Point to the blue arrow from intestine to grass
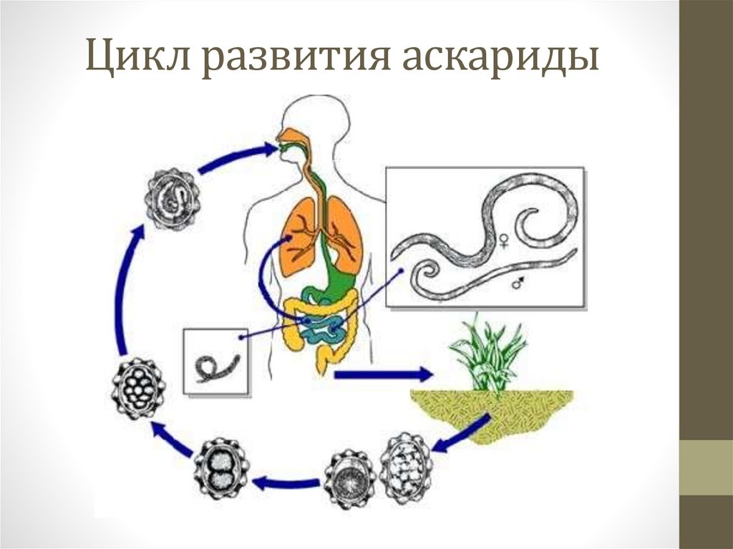(x=383, y=374)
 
